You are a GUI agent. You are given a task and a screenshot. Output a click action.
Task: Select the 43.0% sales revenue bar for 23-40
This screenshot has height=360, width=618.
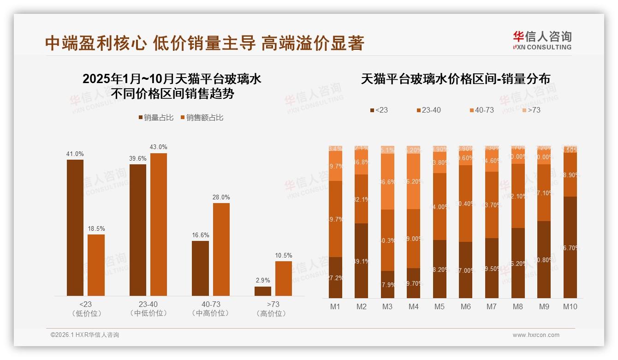coord(159,224)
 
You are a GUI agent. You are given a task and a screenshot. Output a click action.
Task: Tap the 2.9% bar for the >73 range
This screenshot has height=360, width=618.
coord(263,291)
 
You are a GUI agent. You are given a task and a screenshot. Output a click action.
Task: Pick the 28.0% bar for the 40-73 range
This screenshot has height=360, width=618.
coord(221,249)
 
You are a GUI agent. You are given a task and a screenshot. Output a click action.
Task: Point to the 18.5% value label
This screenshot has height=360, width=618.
coord(96,228)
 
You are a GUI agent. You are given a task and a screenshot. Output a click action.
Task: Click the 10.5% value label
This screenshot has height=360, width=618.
coord(284,255)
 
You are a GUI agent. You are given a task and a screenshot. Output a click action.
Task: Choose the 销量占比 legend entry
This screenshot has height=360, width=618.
coord(156,118)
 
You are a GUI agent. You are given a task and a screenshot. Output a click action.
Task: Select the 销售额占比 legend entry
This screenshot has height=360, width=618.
coord(202,118)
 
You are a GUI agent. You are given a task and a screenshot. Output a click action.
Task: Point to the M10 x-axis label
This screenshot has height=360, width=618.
coord(570,306)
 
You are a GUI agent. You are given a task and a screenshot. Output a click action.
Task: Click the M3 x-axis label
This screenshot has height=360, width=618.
coord(387,306)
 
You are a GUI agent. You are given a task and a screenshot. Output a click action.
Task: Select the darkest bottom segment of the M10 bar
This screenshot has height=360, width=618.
coord(570,247)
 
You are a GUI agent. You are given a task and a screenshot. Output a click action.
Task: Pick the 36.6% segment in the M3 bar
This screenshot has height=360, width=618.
coord(387,181)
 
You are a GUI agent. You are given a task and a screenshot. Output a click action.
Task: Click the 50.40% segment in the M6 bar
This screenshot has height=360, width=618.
coord(466,204)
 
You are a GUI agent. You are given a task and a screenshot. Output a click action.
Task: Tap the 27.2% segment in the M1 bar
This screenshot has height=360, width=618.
coord(335,277)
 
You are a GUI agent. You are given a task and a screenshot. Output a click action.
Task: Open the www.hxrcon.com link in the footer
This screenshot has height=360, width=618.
coord(536,335)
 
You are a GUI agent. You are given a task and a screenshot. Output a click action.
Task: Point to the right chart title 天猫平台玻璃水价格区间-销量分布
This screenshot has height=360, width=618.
coord(455,79)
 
